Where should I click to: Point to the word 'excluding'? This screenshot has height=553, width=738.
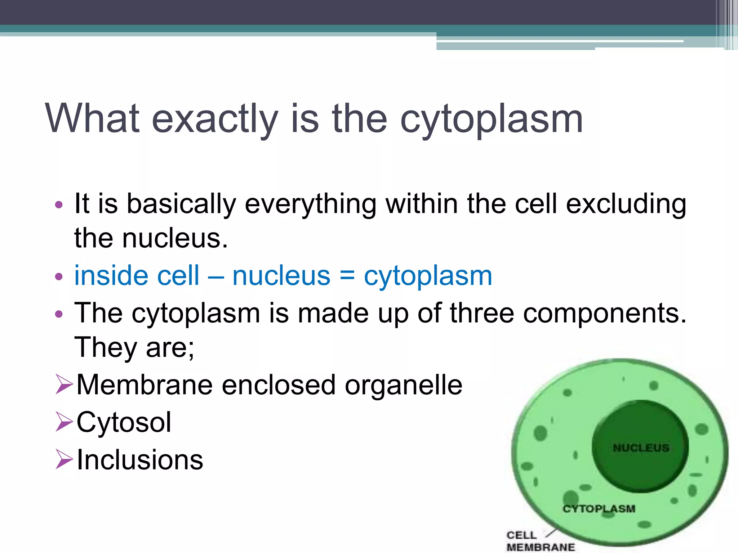coord(626,204)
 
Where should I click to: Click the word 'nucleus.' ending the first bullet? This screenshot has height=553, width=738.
coord(175,239)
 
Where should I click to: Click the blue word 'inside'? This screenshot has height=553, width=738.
coord(111,275)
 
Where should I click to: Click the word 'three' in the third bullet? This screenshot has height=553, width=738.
coord(482,313)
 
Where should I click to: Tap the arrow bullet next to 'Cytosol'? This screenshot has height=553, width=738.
coord(65,422)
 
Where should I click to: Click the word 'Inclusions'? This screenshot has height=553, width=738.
coord(140,460)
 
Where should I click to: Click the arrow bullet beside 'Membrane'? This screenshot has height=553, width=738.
coord(65,384)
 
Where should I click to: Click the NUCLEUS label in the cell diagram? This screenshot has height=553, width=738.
coord(641,448)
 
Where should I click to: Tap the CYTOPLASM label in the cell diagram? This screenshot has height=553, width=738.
coord(599,509)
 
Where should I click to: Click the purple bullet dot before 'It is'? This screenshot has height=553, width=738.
coord(59,205)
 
